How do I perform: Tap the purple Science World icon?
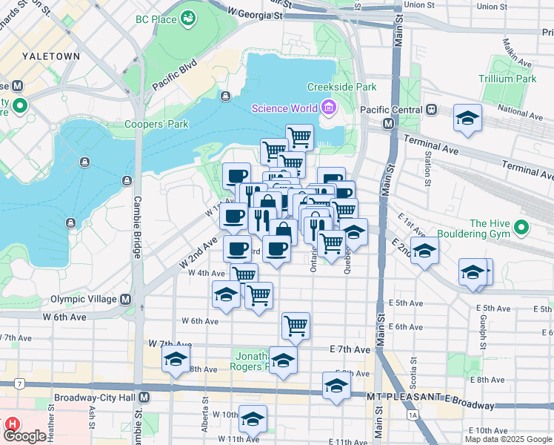(x=327, y=109)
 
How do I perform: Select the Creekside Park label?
(x=341, y=87)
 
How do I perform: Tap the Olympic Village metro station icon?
(x=125, y=300)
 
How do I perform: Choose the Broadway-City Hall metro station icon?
(x=144, y=398)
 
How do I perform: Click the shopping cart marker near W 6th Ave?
(x=296, y=325)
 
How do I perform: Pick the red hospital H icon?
(x=12, y=424)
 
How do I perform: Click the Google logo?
(x=25, y=436)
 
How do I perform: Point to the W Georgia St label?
(x=256, y=13)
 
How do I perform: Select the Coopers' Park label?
(x=156, y=125)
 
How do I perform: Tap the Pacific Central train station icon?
(x=430, y=109)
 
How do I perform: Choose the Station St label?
(x=428, y=168)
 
